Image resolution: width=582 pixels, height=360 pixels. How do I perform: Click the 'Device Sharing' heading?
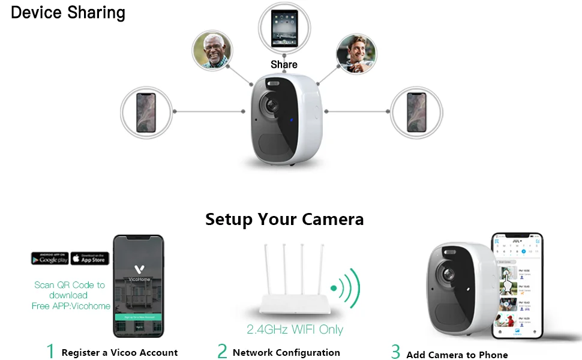coord(68,13)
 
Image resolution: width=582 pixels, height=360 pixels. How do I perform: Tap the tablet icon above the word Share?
coord(284,28)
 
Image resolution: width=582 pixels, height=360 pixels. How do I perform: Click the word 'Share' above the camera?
coord(284,64)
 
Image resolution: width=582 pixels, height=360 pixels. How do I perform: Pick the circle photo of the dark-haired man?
coord(356,53)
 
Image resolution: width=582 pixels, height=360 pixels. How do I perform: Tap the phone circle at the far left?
coord(146,112)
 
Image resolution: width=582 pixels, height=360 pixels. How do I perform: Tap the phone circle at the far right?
coord(416,112)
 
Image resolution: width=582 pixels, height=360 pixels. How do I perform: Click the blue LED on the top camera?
coord(291,119)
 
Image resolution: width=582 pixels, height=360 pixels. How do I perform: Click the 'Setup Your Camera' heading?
coord(284,219)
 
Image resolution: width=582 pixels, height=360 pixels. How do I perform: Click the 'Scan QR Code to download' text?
coord(70,290)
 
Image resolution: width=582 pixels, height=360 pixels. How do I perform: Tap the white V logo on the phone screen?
coord(138,271)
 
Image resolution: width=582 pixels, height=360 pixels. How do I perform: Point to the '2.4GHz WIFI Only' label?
coord(295,329)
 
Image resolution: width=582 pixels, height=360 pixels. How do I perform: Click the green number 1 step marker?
coord(50,351)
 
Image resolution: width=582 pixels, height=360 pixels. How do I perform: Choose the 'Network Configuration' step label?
coord(286,353)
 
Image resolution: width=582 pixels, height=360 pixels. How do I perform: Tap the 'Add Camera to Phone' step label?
coord(457,355)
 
